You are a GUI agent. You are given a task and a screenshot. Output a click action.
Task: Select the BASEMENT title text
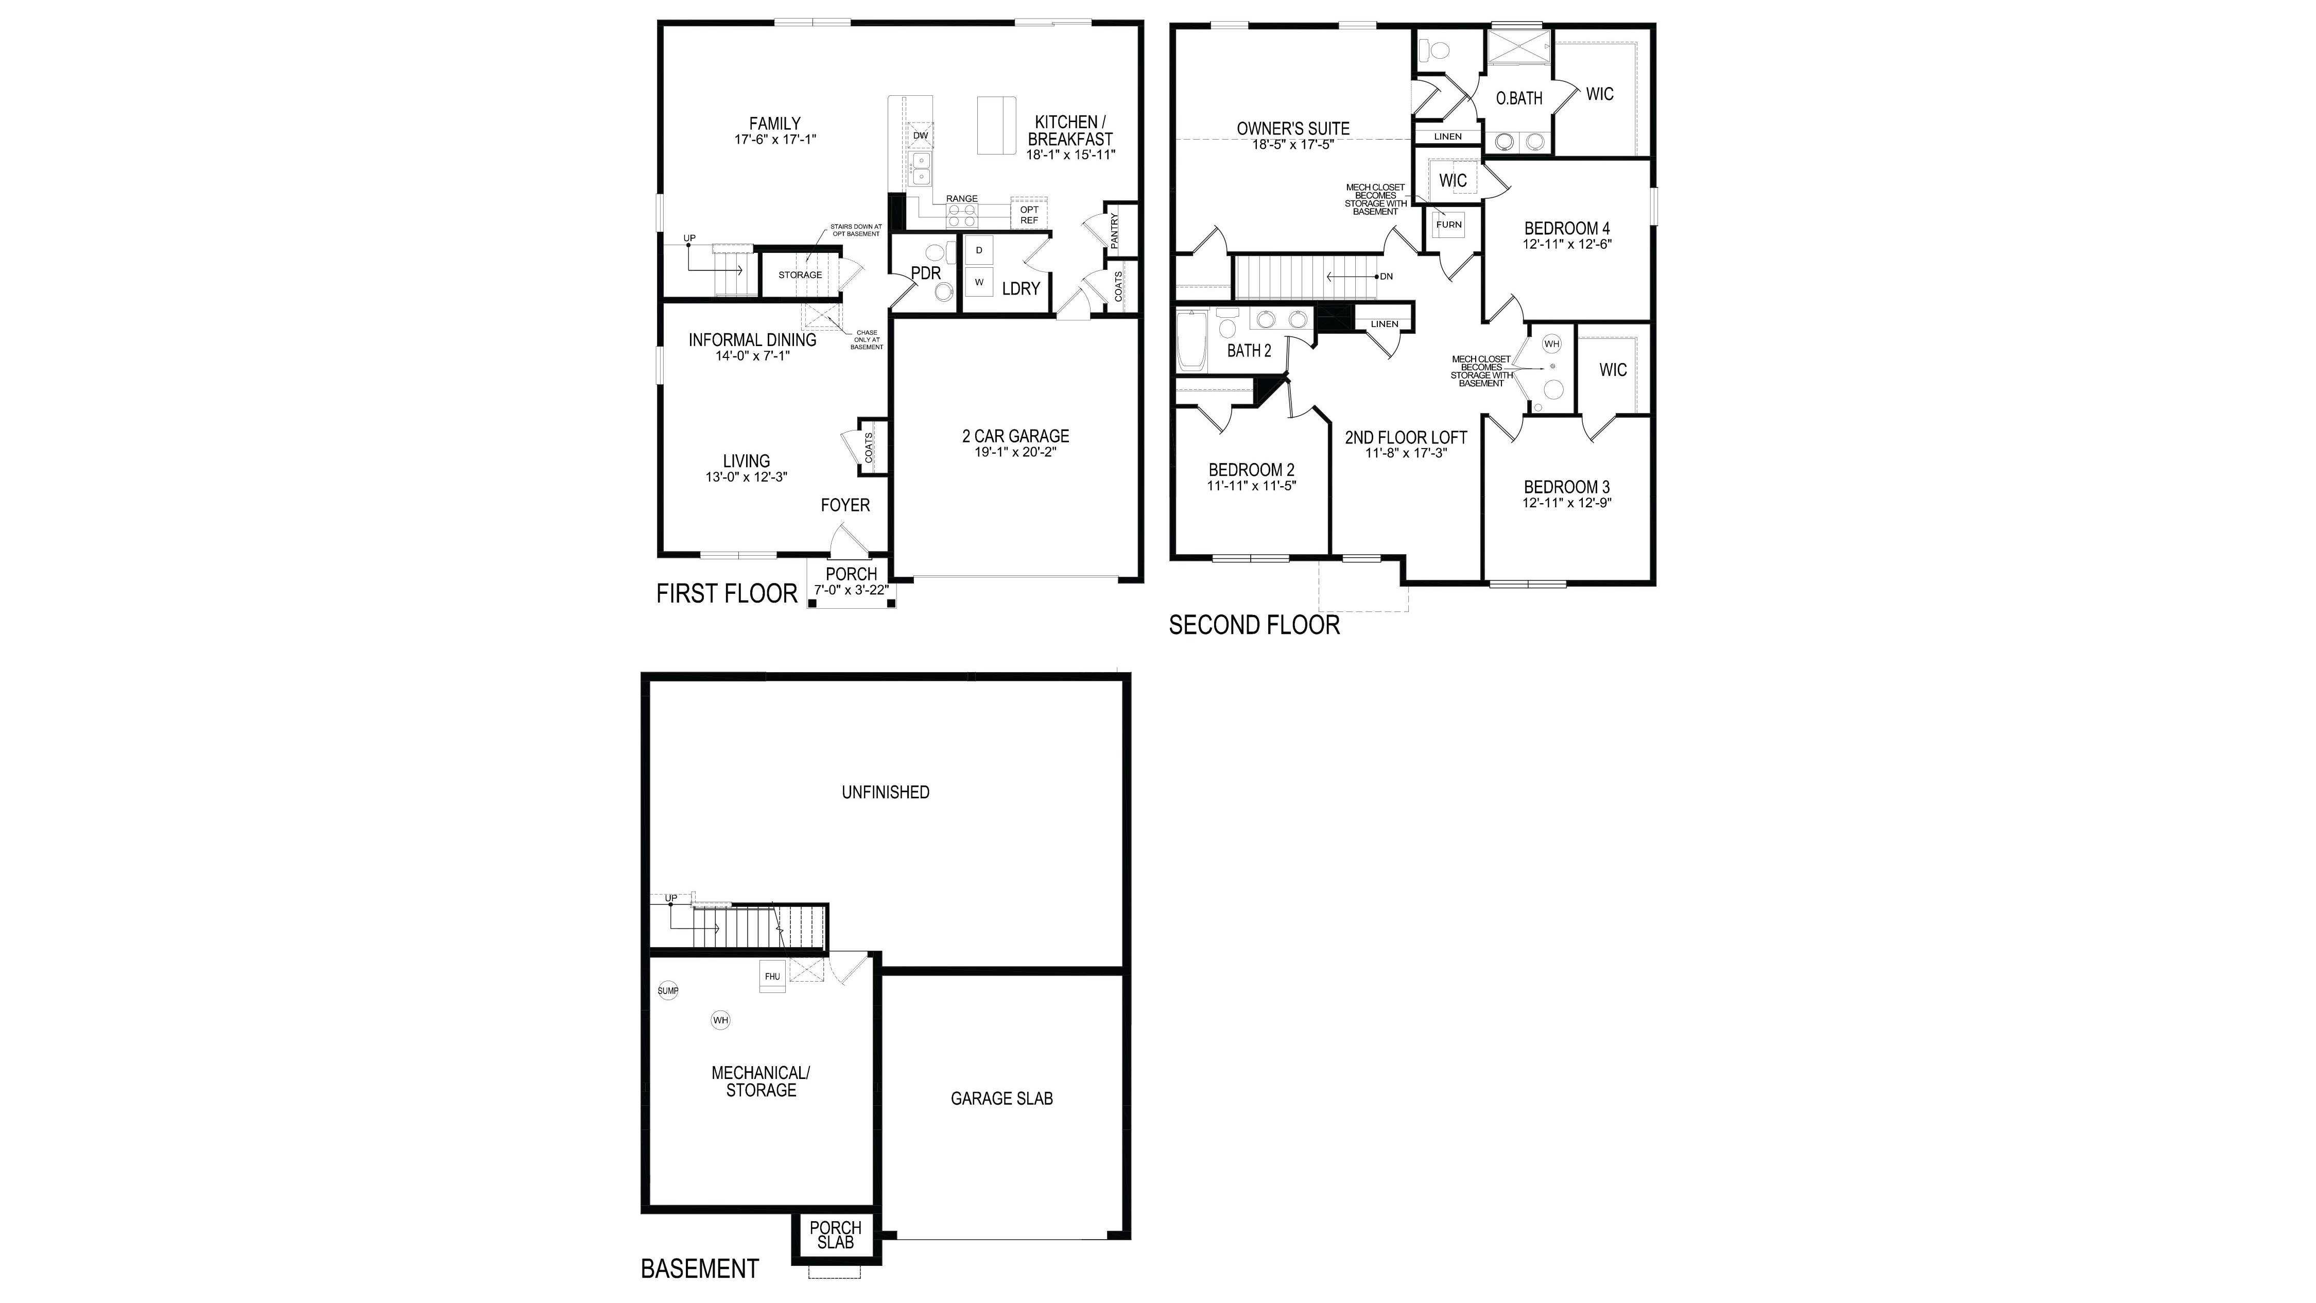(699, 1269)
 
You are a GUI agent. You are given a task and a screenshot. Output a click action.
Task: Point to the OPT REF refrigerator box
(1029, 215)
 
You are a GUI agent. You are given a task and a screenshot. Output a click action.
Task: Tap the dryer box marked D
(979, 250)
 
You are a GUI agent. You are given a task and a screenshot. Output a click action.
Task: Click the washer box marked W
(979, 282)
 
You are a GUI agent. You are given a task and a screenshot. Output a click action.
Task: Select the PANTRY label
(1115, 230)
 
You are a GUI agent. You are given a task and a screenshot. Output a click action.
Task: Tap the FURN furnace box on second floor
(1448, 225)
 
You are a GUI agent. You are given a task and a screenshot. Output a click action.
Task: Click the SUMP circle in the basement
(668, 991)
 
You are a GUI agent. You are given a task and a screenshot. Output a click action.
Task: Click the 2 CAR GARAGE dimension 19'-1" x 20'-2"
(1015, 452)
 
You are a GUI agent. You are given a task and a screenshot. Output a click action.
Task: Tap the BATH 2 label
(1249, 351)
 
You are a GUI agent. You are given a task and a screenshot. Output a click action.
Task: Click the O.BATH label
(1518, 98)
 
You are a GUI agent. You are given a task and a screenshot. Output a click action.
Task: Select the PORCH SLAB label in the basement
(835, 1235)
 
